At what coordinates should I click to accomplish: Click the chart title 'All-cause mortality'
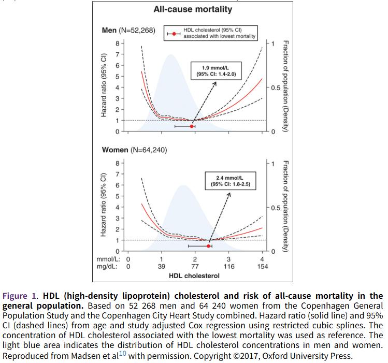[x=193, y=9]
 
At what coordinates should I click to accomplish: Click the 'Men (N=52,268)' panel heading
[x=128, y=30]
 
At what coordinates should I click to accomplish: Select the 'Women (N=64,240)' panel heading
[x=134, y=150]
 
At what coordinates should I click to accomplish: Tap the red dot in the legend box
[x=176, y=34]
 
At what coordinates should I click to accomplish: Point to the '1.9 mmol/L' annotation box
[x=216, y=71]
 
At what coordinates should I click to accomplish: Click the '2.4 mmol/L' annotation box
[x=230, y=181]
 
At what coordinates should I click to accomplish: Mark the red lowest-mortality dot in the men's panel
[x=192, y=126]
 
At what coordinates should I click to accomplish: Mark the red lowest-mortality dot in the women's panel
[x=208, y=246]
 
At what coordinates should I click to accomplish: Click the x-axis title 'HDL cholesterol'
[x=194, y=275]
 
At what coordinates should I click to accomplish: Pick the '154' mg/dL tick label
[x=262, y=267]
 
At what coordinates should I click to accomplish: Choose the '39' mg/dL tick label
[x=161, y=267]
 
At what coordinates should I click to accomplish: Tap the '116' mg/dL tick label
[x=228, y=267]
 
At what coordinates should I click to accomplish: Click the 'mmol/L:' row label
[x=108, y=259]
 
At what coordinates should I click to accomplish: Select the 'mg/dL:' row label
[x=109, y=267]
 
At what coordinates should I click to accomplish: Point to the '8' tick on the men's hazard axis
[x=117, y=43]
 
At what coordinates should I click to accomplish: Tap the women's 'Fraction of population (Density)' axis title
[x=285, y=206]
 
